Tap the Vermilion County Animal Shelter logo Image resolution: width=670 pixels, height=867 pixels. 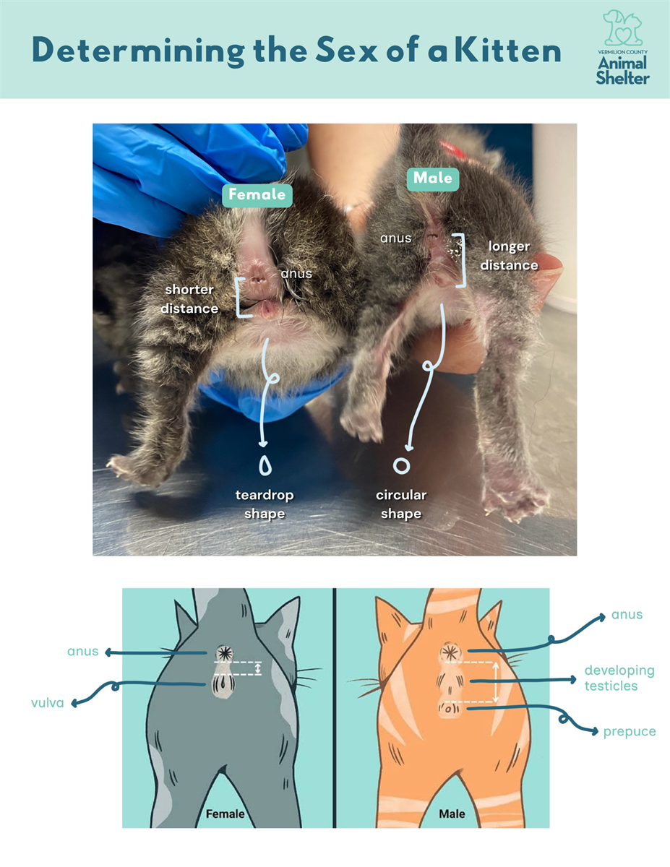[x=622, y=48]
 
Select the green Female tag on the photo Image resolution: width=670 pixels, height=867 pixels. [x=257, y=195]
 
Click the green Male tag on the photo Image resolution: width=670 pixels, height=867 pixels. [x=432, y=178]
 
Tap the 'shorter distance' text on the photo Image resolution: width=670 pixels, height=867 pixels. [x=189, y=299]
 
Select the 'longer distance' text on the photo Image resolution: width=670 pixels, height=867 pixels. [x=509, y=256]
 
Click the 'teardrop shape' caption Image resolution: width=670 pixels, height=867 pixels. [x=265, y=504]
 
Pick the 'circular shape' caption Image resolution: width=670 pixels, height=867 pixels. [x=401, y=504]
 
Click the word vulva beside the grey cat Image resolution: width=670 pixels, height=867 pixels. [x=48, y=702]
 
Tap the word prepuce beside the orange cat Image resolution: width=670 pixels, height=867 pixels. [x=630, y=732]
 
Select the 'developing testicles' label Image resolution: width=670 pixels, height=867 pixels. [x=619, y=678]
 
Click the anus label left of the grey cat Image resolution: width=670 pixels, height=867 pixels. [x=82, y=652]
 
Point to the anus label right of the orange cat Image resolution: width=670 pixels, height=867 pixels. [x=627, y=615]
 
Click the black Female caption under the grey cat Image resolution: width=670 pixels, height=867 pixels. [x=225, y=814]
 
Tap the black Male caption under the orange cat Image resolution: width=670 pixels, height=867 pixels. [x=452, y=814]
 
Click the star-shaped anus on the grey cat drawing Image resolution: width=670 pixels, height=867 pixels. [x=225, y=653]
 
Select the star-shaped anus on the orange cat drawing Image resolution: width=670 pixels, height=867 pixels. [x=450, y=653]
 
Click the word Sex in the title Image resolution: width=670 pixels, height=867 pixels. [x=346, y=51]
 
